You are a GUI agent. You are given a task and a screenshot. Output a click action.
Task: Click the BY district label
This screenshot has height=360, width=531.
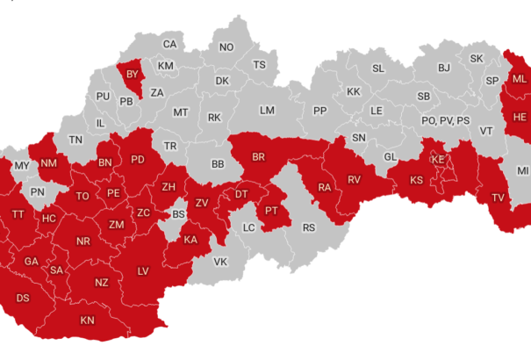133,74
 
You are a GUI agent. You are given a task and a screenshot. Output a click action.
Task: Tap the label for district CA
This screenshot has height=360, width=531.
169,44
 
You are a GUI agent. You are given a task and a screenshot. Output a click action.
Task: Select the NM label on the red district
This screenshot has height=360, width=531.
49,162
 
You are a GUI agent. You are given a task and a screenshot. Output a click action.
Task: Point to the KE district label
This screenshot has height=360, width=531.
437,160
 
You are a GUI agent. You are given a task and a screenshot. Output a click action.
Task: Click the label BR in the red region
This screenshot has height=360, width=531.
259,157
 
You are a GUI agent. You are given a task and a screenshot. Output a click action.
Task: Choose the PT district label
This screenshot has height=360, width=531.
271,211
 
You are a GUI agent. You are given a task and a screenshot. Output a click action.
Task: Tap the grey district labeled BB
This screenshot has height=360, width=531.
219,164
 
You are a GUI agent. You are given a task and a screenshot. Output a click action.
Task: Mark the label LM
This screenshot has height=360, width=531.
268,110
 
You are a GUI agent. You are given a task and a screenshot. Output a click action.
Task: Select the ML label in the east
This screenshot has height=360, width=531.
520,79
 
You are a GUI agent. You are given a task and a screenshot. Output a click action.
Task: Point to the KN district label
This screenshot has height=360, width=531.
87,320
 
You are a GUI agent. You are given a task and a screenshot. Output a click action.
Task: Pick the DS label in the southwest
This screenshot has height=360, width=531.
23,299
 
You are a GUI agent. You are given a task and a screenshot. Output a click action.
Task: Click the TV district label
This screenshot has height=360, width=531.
498,197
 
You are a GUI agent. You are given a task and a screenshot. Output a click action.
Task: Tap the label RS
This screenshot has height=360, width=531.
309,227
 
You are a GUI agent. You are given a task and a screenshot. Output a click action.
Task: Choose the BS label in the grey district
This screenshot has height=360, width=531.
178,213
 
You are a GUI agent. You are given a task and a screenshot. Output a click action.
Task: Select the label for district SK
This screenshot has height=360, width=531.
477,58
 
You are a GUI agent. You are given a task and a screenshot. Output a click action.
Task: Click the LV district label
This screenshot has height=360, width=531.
143,270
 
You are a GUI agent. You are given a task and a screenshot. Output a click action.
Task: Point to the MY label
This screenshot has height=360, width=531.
22,165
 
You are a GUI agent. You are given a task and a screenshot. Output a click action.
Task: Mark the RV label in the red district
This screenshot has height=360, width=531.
355,179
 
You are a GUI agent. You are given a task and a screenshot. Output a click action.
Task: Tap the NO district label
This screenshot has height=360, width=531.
226,47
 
